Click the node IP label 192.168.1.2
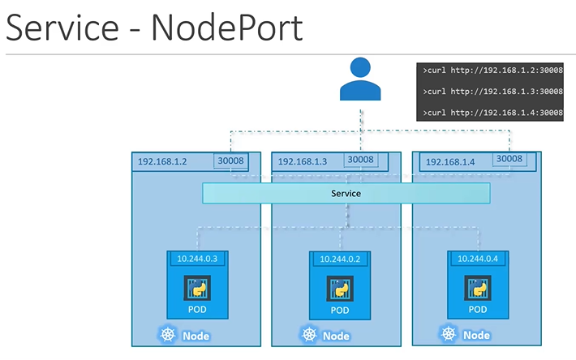[162, 161]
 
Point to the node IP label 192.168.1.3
[302, 161]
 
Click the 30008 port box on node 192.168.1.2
[229, 161]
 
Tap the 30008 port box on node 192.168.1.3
[360, 160]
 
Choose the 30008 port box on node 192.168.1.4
[509, 159]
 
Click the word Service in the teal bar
[346, 194]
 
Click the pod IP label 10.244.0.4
[477, 258]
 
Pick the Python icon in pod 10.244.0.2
[340, 287]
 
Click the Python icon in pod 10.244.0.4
[477, 286]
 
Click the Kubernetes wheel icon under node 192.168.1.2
[169, 335]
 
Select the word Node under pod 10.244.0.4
[475, 335]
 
